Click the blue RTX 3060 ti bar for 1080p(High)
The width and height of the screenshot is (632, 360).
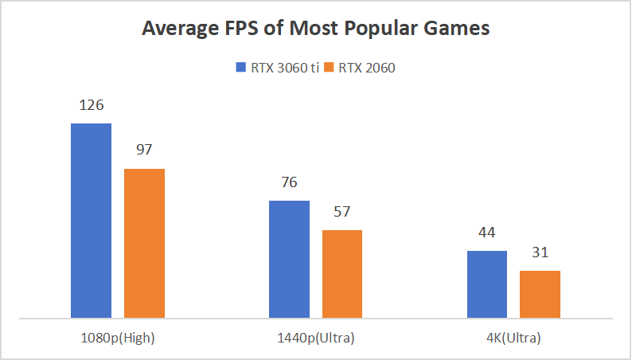91,221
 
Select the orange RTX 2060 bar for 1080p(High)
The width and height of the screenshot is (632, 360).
144,244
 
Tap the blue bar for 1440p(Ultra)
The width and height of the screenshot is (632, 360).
289,260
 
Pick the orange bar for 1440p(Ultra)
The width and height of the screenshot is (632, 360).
342,274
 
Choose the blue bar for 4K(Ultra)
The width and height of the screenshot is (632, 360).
487,284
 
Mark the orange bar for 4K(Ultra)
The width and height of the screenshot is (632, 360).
540,295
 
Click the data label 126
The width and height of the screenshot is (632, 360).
91,105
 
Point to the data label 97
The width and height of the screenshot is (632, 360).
144,150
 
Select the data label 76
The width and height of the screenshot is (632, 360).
289,182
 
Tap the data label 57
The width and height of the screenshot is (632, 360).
342,212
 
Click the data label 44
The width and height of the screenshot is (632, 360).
487,233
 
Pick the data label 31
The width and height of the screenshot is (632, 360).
540,252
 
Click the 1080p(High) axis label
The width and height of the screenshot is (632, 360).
118,338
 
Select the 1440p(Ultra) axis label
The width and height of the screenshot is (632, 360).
316,338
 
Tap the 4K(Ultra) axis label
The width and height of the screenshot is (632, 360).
513,338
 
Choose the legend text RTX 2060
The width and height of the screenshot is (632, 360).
367,68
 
